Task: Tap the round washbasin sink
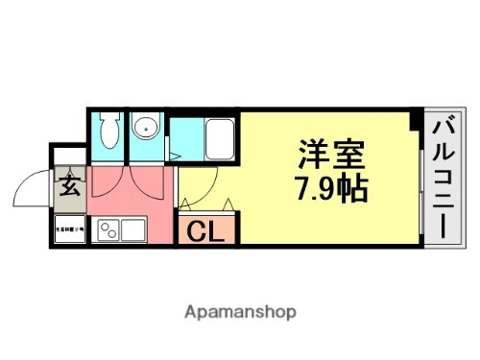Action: pos(146,130)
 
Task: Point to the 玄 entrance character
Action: pos(71,185)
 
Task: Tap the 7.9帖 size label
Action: pos(328,189)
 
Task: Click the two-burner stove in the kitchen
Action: pos(109,230)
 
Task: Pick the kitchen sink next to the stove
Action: pos(132,230)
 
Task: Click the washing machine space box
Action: pos(70,230)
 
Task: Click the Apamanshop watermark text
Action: pos(240,312)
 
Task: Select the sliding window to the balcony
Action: pos(420,182)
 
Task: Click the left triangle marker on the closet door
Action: pos(184,202)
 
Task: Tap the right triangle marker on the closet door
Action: pos(229,202)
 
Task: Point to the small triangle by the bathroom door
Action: pos(174,154)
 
